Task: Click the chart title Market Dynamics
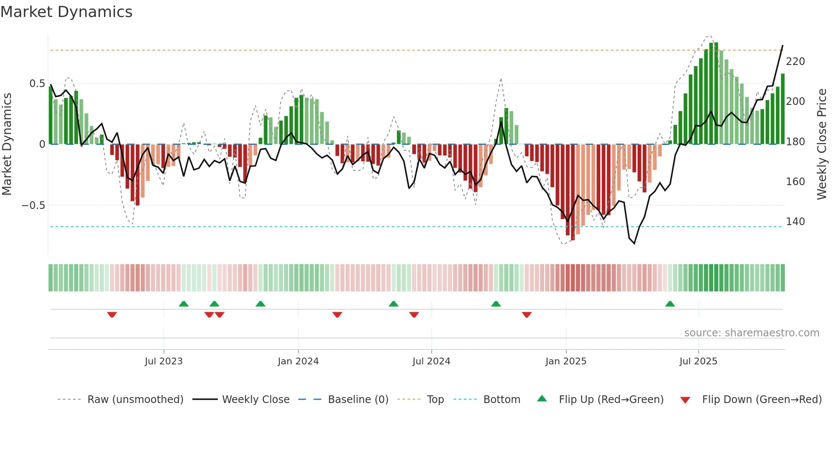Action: pyautogui.click(x=66, y=12)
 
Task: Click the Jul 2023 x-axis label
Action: pyautogui.click(x=163, y=361)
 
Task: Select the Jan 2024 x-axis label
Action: pyautogui.click(x=298, y=361)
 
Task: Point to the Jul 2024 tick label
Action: pyautogui.click(x=431, y=361)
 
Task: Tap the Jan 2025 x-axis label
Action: pyautogui.click(x=566, y=361)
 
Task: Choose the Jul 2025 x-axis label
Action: pyautogui.click(x=698, y=361)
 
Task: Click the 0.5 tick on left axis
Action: pyautogui.click(x=37, y=84)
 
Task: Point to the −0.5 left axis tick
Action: pyautogui.click(x=34, y=206)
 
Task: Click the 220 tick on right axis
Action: pyautogui.click(x=795, y=62)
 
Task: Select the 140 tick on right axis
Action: pyautogui.click(x=795, y=222)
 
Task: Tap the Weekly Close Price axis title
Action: pyautogui.click(x=822, y=144)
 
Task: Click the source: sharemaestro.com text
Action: pyautogui.click(x=751, y=333)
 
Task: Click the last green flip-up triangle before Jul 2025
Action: pyautogui.click(x=670, y=304)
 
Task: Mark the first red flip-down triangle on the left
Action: pyautogui.click(x=112, y=315)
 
